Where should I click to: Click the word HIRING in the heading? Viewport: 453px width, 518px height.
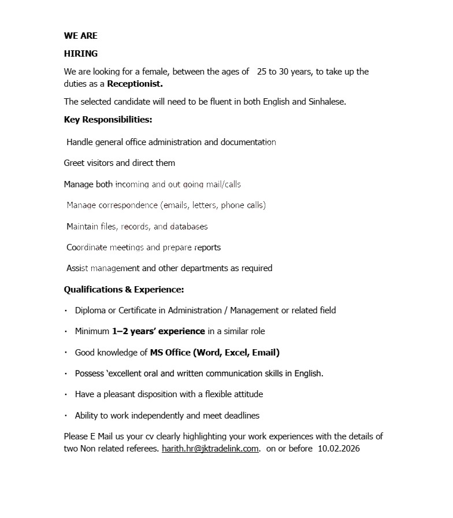point(80,54)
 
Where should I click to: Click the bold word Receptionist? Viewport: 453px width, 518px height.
point(135,84)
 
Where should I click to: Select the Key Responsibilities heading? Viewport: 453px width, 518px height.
point(108,120)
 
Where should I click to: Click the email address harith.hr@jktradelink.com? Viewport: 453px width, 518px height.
point(210,449)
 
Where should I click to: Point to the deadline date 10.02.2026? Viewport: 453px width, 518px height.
point(339,449)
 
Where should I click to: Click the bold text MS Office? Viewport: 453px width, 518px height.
point(170,352)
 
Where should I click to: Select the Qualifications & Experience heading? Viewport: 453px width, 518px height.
point(124,289)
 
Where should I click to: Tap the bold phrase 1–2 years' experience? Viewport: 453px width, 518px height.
point(158,331)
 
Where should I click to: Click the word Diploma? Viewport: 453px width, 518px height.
point(90,310)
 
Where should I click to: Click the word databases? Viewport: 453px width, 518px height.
point(188,226)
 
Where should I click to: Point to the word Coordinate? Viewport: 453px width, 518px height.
point(87,247)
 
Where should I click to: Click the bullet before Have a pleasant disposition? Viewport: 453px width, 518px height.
point(66,395)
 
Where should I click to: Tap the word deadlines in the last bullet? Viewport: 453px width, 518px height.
point(240,416)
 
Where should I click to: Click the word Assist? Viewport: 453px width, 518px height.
point(77,268)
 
